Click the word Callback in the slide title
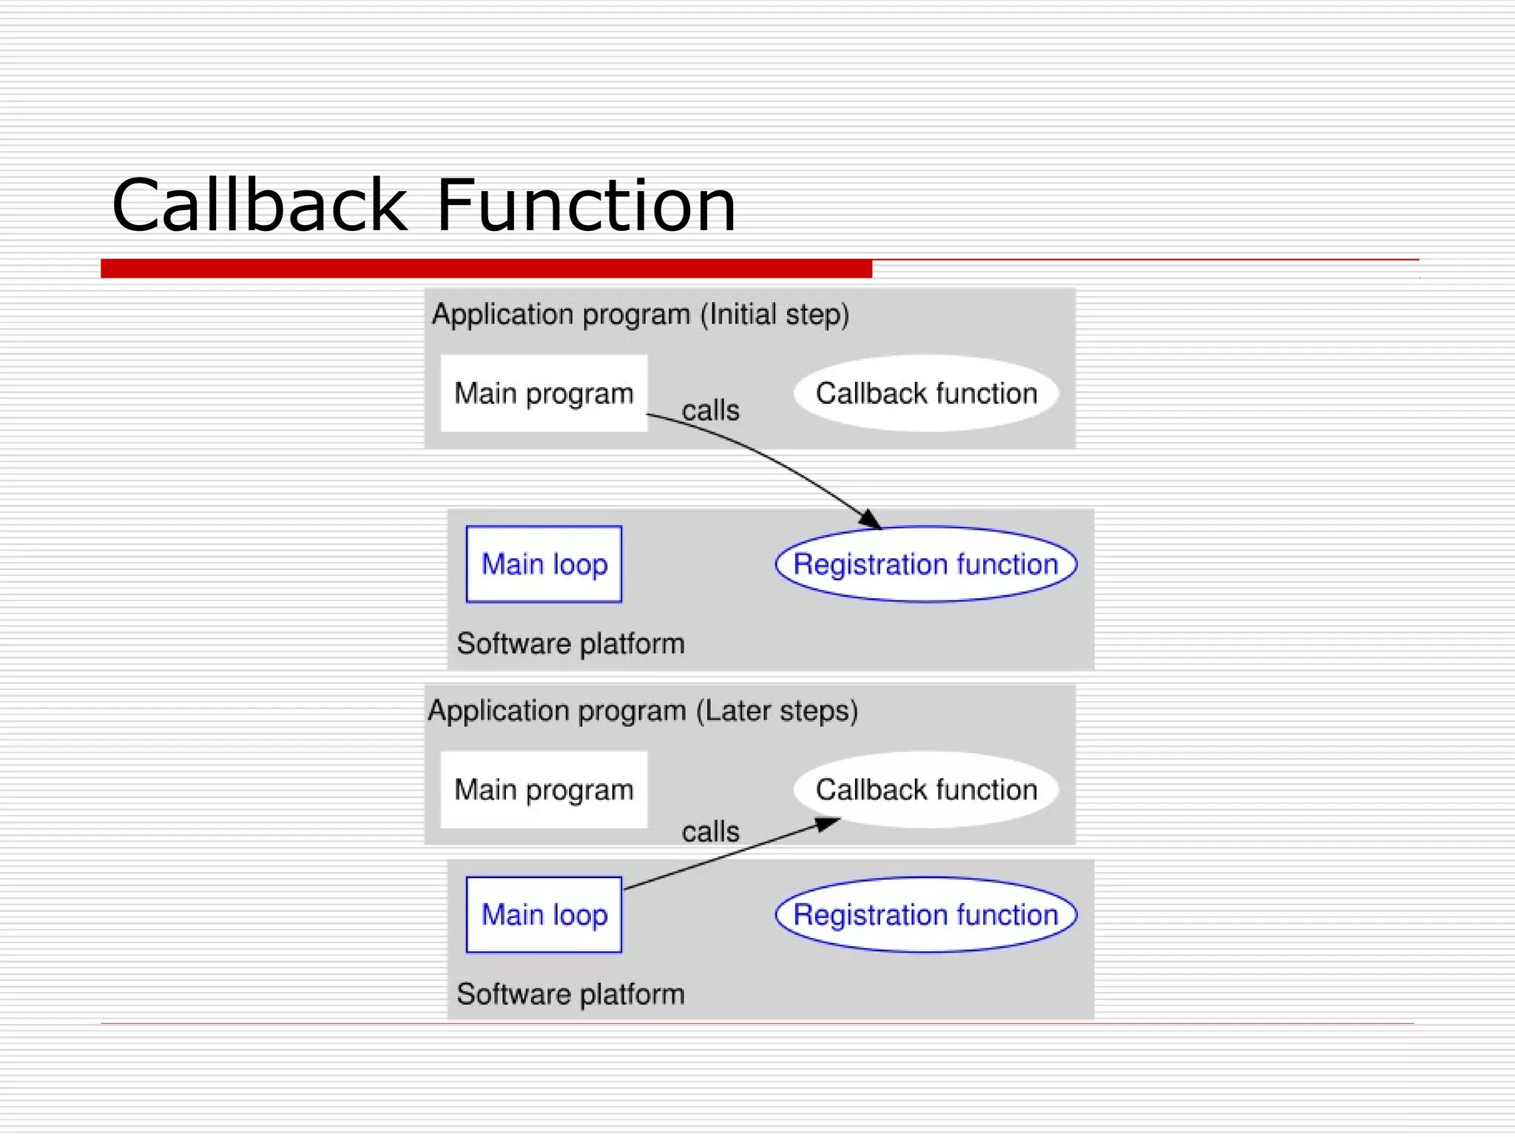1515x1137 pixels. (x=259, y=205)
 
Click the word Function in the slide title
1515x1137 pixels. (x=586, y=205)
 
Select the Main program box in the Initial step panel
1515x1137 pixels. (x=544, y=393)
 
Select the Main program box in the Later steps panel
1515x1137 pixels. (x=544, y=789)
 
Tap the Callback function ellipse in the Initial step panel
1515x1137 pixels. (x=926, y=393)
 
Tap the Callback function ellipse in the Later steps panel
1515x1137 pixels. (x=926, y=789)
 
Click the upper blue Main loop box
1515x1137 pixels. (x=544, y=564)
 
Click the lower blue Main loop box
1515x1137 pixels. (x=544, y=915)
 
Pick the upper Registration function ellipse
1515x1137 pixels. (x=926, y=564)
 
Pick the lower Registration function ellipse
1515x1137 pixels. (x=926, y=915)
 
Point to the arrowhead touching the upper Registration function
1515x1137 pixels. (x=871, y=520)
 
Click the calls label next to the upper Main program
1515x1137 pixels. (x=710, y=410)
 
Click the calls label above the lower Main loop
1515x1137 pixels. (x=710, y=832)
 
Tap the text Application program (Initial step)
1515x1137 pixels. (x=641, y=315)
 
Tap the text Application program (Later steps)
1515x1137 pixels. (x=643, y=711)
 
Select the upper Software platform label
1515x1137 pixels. (x=570, y=643)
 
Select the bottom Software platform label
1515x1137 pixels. (x=570, y=994)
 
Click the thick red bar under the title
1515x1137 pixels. (x=486, y=269)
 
